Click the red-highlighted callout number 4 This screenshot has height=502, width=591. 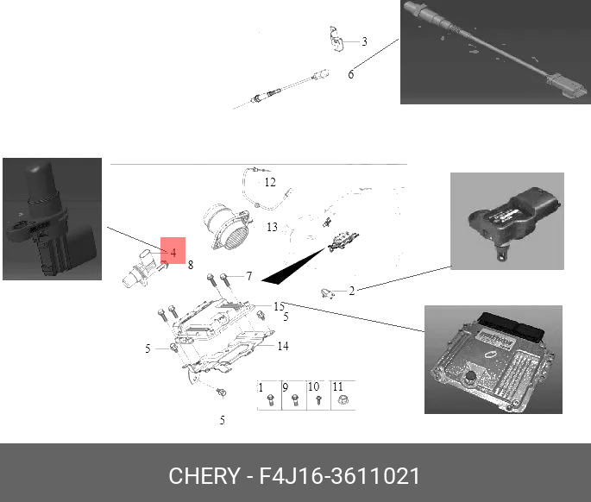tap(173, 252)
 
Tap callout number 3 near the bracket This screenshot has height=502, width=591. tap(364, 41)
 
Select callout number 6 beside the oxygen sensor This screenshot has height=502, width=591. tap(351, 74)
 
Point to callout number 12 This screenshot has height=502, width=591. tap(270, 182)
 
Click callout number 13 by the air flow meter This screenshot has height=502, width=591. tap(272, 227)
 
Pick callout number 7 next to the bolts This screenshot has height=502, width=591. tap(249, 276)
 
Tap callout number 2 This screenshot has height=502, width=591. tap(352, 291)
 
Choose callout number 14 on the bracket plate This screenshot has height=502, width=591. tap(283, 346)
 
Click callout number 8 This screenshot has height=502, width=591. tap(191, 265)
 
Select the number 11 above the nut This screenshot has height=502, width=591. tap(337, 386)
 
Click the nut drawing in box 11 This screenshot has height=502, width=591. tap(343, 400)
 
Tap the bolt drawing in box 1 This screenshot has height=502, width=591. tap(270, 400)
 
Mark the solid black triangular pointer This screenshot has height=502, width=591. tap(292, 266)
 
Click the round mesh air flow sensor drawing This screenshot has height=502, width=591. tap(227, 227)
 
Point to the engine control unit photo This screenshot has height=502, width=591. tap(494, 360)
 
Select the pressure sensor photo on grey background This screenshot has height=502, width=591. tap(507, 221)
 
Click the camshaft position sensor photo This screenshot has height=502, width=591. tap(52, 219)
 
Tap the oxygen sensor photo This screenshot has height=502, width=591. tap(495, 52)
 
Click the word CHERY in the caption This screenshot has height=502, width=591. tap(204, 475)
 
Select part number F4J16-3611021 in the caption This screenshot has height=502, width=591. tap(339, 475)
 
